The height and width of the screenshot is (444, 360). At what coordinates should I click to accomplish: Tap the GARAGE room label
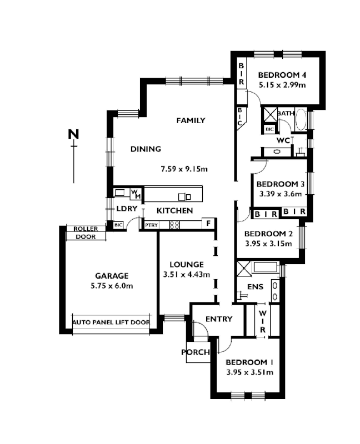[112, 275]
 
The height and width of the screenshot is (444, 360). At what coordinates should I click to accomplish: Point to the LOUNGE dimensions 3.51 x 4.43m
[187, 274]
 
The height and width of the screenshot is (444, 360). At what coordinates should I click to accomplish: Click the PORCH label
[196, 352]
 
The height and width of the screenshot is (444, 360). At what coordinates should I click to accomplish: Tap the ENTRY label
[218, 319]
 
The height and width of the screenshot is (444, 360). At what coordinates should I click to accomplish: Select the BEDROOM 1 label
[249, 362]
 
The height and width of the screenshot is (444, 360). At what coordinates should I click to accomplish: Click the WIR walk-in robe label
[262, 321]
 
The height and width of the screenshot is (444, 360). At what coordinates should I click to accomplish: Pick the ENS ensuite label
[254, 287]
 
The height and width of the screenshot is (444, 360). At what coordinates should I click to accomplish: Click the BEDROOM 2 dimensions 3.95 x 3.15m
[268, 243]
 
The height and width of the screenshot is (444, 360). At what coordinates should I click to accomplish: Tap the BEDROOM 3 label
[281, 184]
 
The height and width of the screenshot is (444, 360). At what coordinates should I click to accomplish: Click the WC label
[283, 140]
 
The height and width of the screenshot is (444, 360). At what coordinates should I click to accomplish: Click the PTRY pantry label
[152, 225]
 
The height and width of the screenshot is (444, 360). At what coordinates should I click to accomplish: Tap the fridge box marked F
[208, 224]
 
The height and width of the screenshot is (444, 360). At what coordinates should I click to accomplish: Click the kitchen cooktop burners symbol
[174, 225]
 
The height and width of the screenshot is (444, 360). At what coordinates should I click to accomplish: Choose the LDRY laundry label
[127, 209]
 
